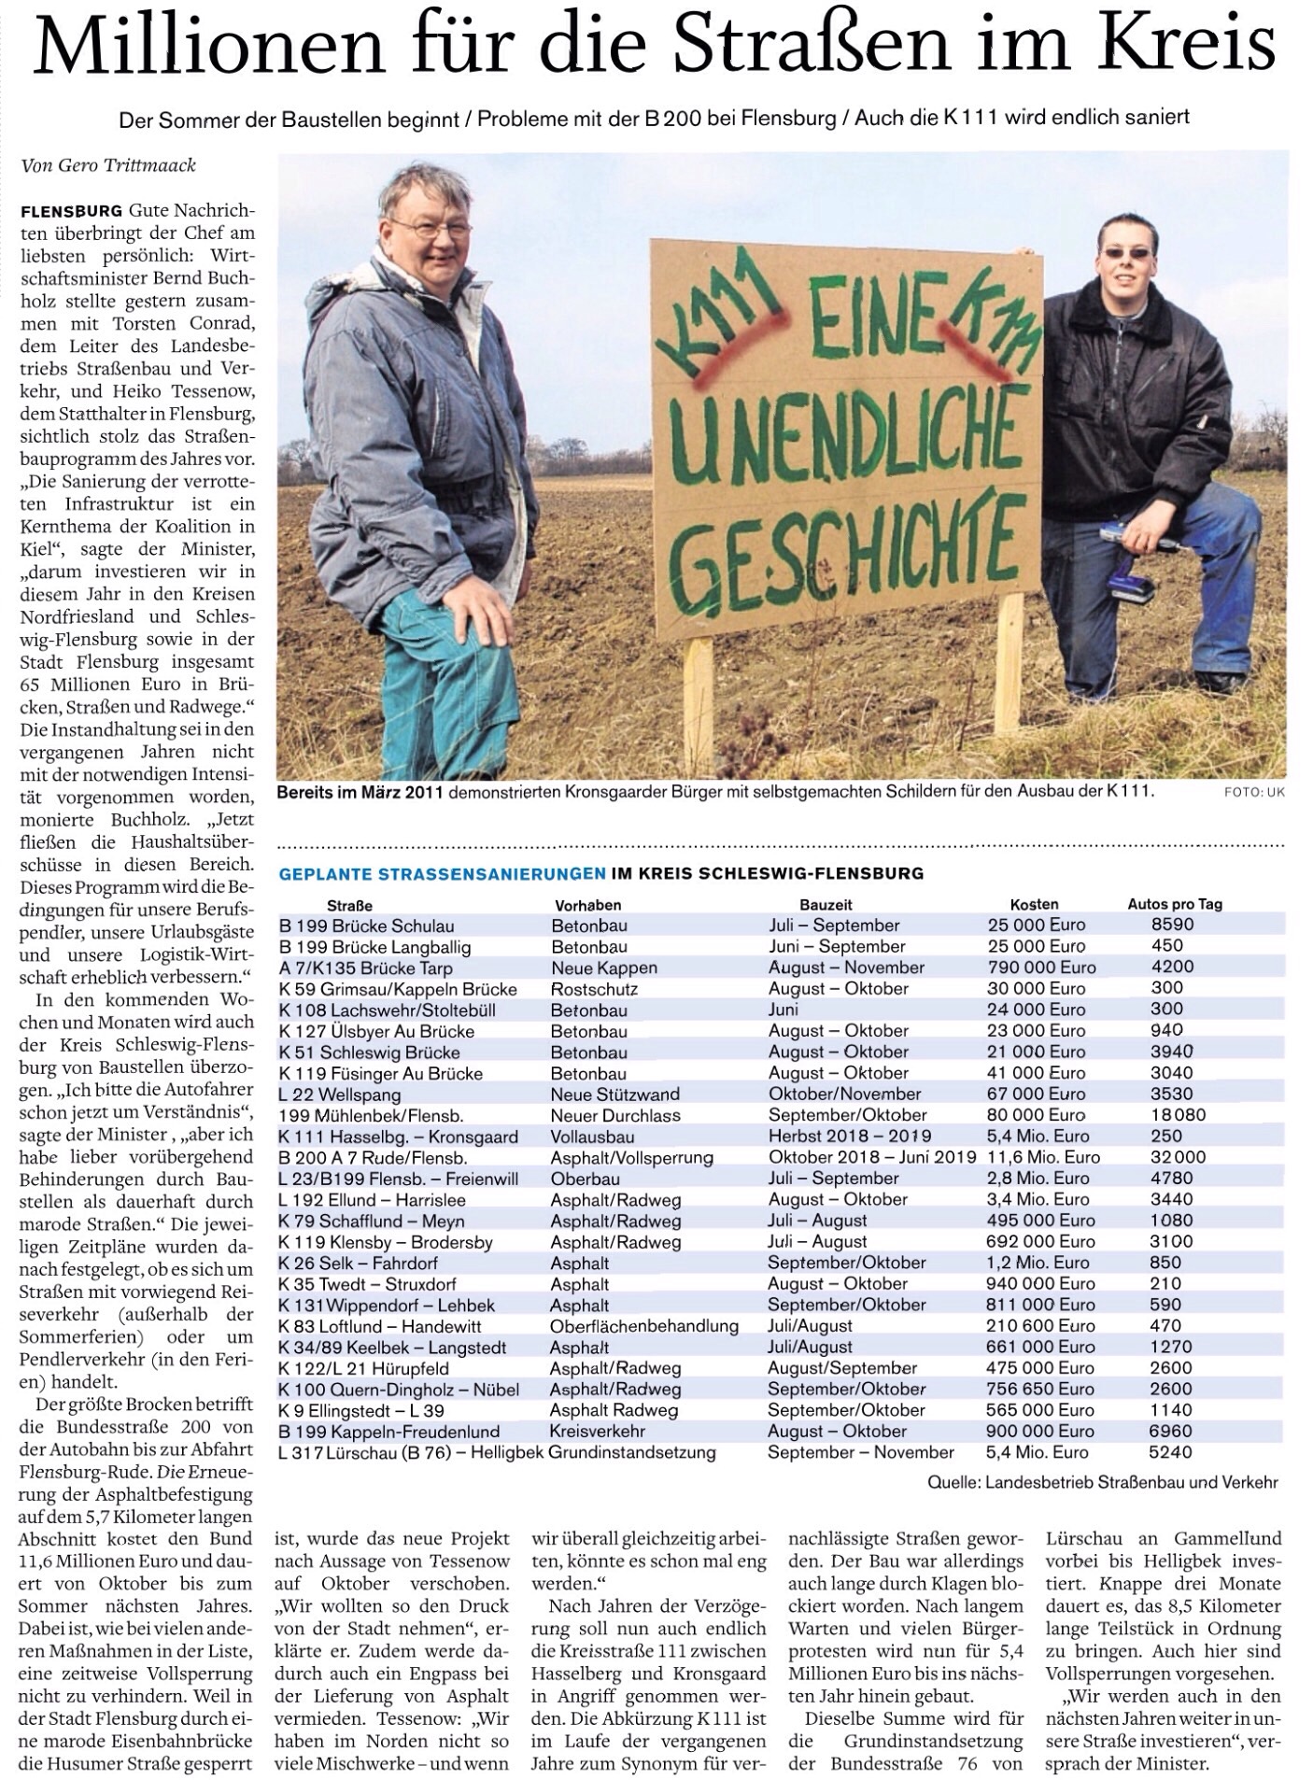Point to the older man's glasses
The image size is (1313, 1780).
click(435, 228)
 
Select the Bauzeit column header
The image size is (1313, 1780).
click(826, 904)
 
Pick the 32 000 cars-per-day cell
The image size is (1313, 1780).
click(1179, 1157)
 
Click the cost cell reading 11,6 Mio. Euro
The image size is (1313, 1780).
click(1043, 1157)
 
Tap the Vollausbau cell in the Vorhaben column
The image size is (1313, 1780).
click(592, 1137)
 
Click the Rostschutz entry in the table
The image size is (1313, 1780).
click(594, 988)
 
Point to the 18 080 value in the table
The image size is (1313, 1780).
click(1179, 1115)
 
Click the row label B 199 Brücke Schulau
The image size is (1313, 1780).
click(367, 925)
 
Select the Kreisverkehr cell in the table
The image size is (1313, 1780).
click(598, 1432)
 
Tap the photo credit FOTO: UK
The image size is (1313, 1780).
click(1254, 793)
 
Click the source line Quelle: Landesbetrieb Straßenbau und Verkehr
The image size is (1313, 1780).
click(1102, 1482)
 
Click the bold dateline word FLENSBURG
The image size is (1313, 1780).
click(71, 210)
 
